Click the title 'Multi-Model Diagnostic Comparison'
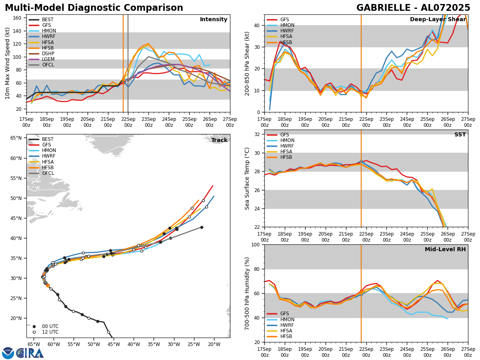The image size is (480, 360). [x=94, y=8]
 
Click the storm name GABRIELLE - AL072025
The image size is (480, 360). [x=413, y=8]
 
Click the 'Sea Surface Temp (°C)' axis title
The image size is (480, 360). [x=247, y=178]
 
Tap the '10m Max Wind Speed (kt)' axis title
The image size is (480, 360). [x=8, y=63]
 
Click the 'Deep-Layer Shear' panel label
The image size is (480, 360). [x=438, y=20]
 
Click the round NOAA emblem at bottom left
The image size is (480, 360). [x=8, y=353]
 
